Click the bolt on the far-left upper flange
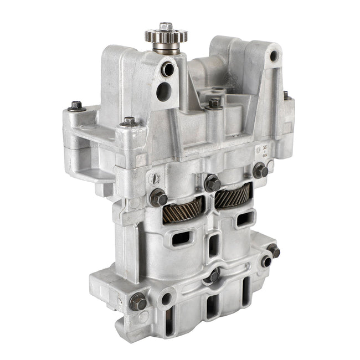pyautogui.click(x=76, y=105)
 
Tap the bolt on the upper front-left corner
pyautogui.click(x=128, y=121)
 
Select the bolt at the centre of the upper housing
pyautogui.click(x=214, y=103)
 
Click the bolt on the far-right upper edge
pyautogui.click(x=287, y=95)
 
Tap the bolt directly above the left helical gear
pyautogui.click(x=158, y=196)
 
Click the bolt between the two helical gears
pyautogui.click(x=210, y=183)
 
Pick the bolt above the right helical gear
pyautogui.click(x=259, y=171)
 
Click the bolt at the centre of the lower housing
pyautogui.click(x=215, y=275)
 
